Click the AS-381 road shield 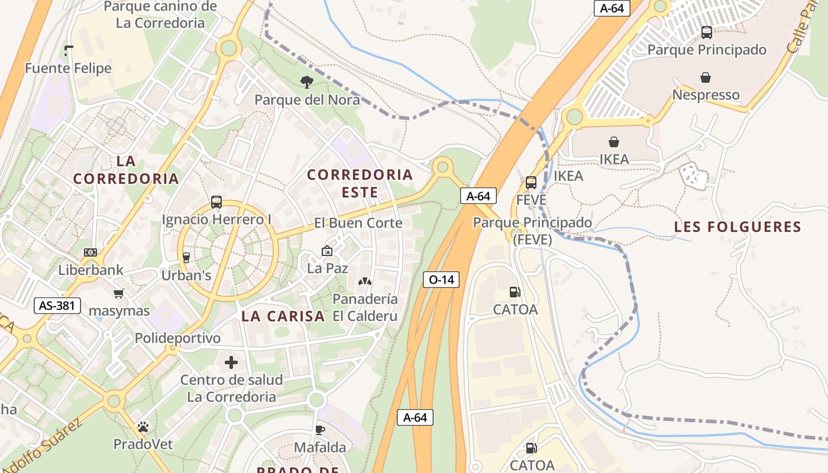[57, 305]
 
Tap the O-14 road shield [441, 280]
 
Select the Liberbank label [91, 270]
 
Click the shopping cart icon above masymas [119, 293]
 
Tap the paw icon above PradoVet [143, 426]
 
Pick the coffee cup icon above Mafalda [320, 430]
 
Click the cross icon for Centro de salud [231, 362]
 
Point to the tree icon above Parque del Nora [306, 82]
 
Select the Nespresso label [706, 95]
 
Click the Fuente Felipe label [68, 68]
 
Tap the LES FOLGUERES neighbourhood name [738, 226]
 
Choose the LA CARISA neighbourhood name [283, 316]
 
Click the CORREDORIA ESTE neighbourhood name [360, 183]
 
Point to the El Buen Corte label [358, 223]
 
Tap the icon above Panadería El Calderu [365, 281]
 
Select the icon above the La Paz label [327, 251]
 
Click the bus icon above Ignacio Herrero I [216, 202]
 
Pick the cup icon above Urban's [186, 257]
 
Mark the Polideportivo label [177, 338]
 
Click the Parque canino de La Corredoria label [160, 15]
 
